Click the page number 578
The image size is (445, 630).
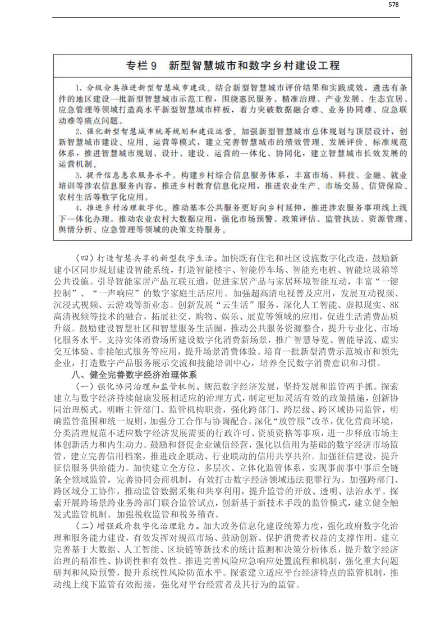tap(393, 5)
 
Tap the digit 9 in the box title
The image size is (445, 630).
tap(150, 66)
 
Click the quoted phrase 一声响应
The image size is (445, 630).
tap(119, 293)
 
